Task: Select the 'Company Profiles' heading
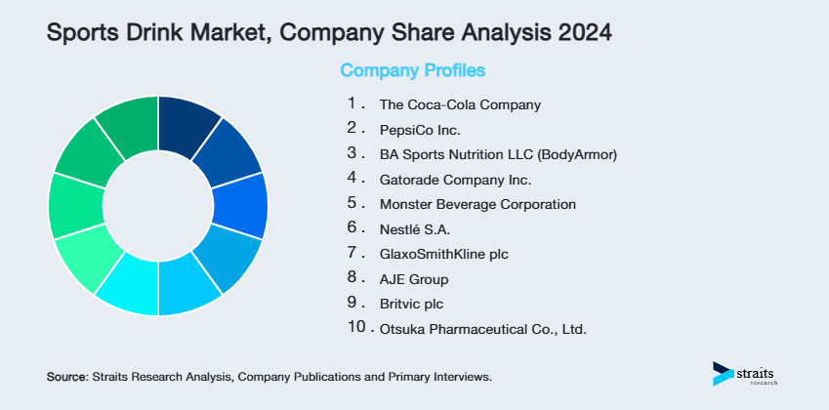coord(412,71)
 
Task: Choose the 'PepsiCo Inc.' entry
coord(419,129)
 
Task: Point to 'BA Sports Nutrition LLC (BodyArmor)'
coord(498,154)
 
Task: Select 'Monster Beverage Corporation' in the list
coord(477,205)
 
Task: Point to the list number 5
coord(352,204)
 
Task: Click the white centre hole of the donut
coord(158,205)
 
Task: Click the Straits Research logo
coord(751,374)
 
